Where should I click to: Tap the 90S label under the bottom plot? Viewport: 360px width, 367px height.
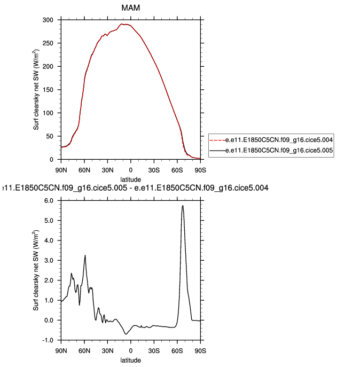pos(200,350)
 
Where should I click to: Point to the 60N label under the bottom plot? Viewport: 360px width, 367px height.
pos(84,350)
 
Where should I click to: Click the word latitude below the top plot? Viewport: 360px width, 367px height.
pos(131,178)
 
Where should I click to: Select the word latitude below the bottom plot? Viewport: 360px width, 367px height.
pos(131,360)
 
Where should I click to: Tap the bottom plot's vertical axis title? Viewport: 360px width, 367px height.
pos(37,270)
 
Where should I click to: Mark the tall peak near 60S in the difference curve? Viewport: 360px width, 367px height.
pos(183,206)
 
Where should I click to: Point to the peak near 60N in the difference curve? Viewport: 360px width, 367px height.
pos(85,255)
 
